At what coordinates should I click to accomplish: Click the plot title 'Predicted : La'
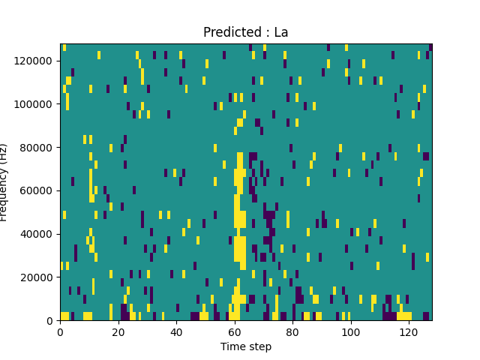(245, 32)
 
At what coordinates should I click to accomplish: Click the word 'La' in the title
(280, 32)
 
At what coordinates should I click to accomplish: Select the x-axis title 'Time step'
(246, 346)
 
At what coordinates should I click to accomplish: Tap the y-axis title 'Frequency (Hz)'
(4, 182)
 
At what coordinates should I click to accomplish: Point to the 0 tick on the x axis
(60, 331)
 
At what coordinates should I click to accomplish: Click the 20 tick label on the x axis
(118, 331)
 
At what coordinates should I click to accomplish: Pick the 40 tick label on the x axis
(176, 331)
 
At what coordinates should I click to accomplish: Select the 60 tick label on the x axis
(235, 331)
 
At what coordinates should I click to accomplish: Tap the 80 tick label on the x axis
(292, 331)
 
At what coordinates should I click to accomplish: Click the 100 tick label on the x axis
(351, 331)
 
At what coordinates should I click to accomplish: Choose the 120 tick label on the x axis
(409, 331)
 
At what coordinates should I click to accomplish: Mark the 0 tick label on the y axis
(51, 320)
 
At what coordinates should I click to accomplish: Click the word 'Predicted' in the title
(228, 32)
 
